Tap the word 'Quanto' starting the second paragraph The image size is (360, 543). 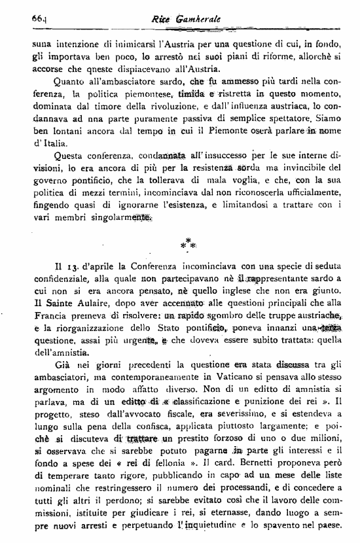tap(73, 82)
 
